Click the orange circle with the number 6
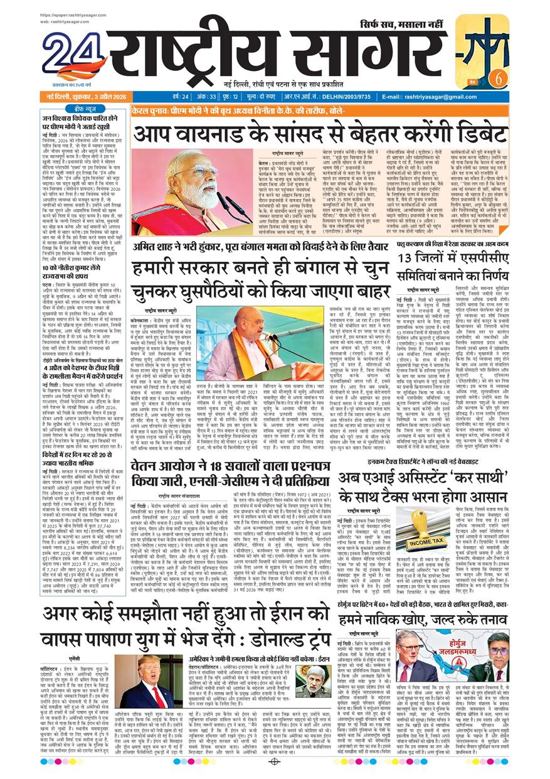coord(499,78)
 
